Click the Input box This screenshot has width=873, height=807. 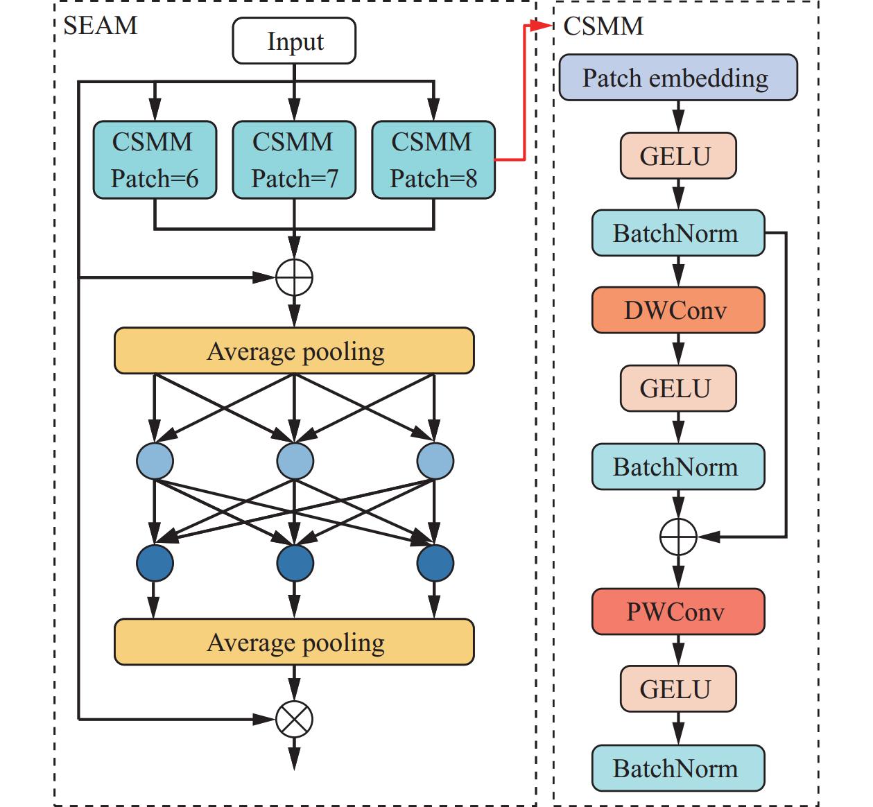(x=294, y=42)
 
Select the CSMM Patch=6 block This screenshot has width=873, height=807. (x=155, y=160)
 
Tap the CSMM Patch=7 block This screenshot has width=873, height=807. (x=294, y=160)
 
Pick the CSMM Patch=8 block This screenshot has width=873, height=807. (x=433, y=160)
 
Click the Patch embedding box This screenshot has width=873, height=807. (x=677, y=78)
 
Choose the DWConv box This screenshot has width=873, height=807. (x=677, y=310)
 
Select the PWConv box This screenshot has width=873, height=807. (x=677, y=611)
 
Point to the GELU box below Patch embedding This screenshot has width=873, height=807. (x=677, y=156)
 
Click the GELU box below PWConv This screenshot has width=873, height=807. (x=677, y=689)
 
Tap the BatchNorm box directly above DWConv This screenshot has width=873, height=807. (x=677, y=233)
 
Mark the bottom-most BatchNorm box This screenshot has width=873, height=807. (x=677, y=768)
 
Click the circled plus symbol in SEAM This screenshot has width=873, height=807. (x=294, y=278)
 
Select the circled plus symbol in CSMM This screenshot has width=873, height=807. (x=677, y=537)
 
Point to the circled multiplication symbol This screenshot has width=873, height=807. (x=294, y=720)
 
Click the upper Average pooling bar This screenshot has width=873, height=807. (x=294, y=351)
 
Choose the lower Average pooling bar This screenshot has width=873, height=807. (x=294, y=642)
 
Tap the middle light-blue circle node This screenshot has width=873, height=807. (x=295, y=461)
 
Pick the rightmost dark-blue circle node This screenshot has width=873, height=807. (x=435, y=562)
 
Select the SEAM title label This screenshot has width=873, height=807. (x=101, y=26)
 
